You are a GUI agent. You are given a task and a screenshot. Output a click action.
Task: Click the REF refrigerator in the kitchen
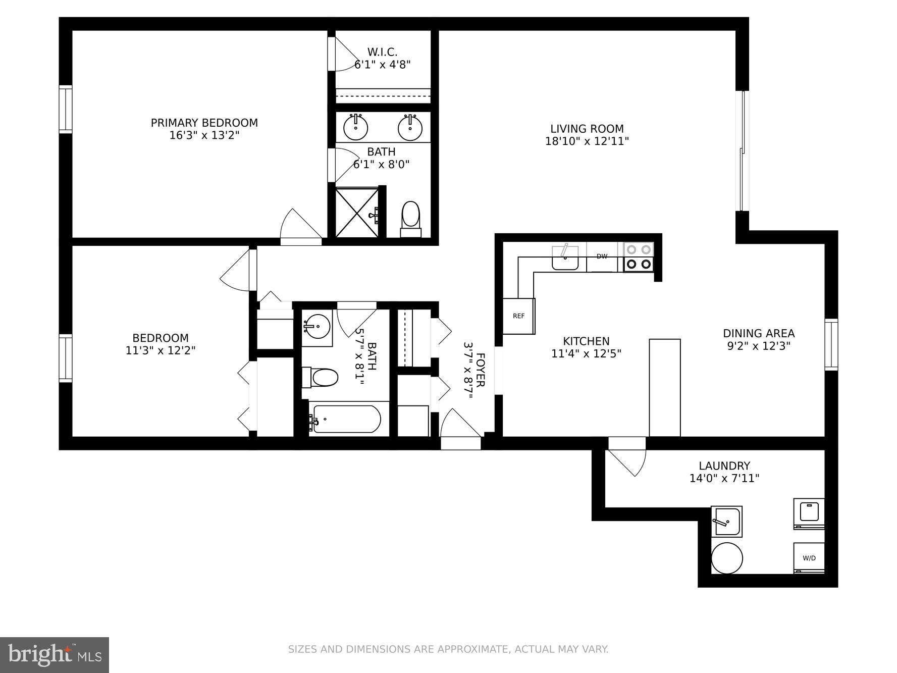(x=518, y=316)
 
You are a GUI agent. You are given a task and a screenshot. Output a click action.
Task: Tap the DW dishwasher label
(x=602, y=256)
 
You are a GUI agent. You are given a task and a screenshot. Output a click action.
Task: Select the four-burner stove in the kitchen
(x=639, y=257)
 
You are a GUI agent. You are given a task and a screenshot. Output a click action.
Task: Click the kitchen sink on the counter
(x=565, y=257)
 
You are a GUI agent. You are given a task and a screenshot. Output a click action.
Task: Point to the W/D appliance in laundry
(x=809, y=558)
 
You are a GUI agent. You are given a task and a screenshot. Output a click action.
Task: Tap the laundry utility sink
(x=726, y=522)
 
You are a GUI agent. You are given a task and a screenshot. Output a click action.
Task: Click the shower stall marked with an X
(x=357, y=213)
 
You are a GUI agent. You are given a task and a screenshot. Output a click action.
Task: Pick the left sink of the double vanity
(x=355, y=127)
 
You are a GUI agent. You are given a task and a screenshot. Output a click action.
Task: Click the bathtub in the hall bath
(x=345, y=419)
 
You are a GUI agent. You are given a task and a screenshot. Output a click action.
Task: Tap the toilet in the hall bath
(x=321, y=377)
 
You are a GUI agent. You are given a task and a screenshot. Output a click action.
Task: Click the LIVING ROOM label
(x=587, y=129)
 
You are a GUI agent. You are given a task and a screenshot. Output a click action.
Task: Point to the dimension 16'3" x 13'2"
(x=204, y=135)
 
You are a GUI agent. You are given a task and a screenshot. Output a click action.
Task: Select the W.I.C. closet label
(x=382, y=52)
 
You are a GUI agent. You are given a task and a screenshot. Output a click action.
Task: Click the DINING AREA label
(x=758, y=333)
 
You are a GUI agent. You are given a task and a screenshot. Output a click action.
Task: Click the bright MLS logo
(x=55, y=655)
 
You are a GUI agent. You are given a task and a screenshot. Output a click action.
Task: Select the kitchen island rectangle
(x=664, y=387)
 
